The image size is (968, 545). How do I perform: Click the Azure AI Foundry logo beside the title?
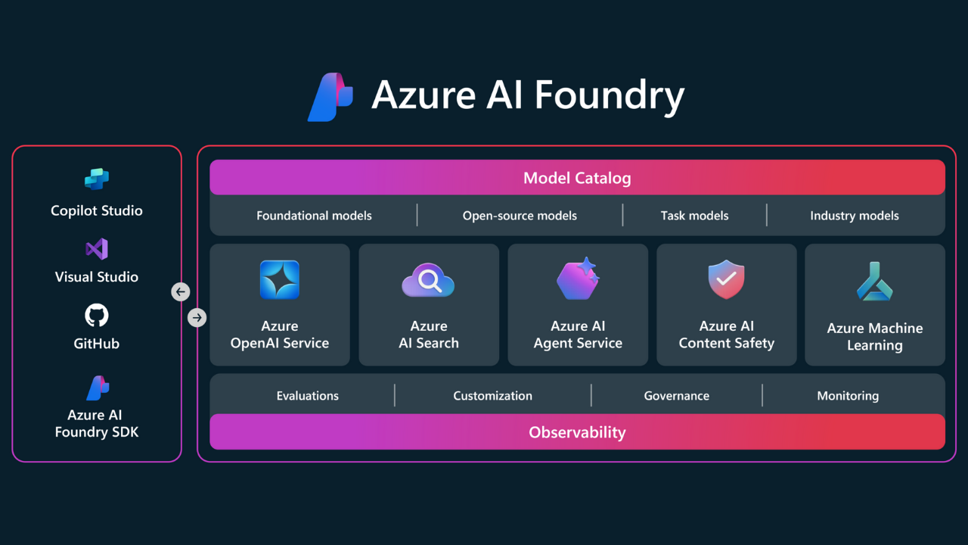[x=330, y=97]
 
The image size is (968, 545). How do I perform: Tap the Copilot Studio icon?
[x=97, y=179]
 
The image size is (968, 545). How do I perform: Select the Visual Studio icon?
[x=97, y=248]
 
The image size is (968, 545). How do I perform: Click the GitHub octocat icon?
[x=97, y=315]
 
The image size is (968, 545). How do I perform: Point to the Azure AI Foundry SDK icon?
[x=97, y=388]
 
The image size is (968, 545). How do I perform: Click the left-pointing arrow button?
[x=180, y=291]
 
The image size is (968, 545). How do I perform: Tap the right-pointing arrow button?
[x=197, y=318]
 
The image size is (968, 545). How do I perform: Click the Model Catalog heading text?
[x=577, y=179]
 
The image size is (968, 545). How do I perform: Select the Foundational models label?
[x=314, y=216]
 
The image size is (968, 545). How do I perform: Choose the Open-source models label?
[x=520, y=216]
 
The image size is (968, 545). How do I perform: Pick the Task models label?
[x=694, y=216]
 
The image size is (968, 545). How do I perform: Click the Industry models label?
[x=855, y=216]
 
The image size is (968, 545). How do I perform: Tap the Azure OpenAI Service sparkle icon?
[x=280, y=280]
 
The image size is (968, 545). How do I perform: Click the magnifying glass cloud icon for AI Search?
[x=428, y=281]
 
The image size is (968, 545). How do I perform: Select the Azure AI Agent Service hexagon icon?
[x=578, y=279]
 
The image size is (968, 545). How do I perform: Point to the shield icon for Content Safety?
[x=726, y=280]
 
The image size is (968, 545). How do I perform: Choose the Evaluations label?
[x=308, y=396]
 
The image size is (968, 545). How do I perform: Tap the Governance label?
[x=677, y=396]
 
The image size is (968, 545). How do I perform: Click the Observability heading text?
[x=577, y=433]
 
